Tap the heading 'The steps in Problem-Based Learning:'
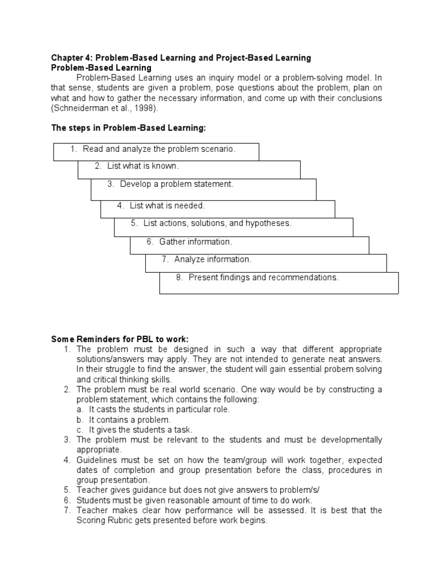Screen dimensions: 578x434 (129, 129)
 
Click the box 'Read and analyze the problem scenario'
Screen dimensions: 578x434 (156, 150)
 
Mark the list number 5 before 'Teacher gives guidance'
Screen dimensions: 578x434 (67, 490)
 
